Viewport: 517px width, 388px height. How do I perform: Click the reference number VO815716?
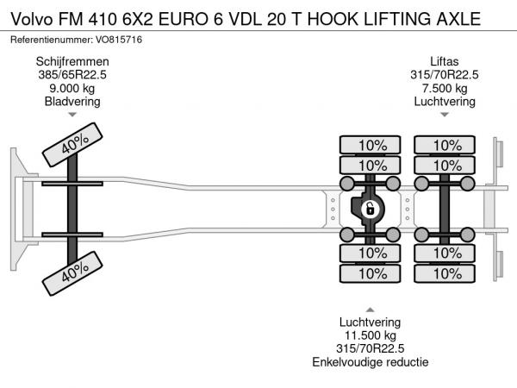click(119, 40)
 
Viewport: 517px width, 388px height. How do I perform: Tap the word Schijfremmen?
click(72, 61)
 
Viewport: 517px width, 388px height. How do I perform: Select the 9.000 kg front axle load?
click(72, 88)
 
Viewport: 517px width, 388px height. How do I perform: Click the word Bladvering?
click(72, 101)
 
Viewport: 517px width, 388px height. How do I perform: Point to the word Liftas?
click(444, 61)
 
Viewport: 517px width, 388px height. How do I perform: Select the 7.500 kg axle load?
click(445, 88)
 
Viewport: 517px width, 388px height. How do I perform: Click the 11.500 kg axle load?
click(371, 335)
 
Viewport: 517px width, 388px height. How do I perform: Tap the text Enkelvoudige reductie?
click(371, 362)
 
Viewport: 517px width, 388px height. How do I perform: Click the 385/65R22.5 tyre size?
click(72, 74)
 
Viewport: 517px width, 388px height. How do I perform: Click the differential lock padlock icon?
click(370, 210)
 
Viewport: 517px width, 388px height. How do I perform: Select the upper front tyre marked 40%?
click(72, 145)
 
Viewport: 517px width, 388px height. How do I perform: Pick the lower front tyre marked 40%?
click(72, 273)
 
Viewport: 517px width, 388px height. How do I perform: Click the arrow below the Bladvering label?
click(72, 115)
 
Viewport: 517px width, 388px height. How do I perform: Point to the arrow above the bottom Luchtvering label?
click(371, 310)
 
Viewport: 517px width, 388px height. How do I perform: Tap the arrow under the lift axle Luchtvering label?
click(445, 115)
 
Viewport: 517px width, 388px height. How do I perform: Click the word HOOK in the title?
click(333, 19)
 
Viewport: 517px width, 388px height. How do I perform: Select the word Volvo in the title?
click(32, 19)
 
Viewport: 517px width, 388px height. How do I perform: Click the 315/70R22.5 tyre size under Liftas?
click(445, 74)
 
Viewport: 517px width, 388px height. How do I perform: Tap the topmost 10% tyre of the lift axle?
click(445, 145)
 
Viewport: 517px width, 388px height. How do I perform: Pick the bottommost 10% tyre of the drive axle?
click(371, 273)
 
